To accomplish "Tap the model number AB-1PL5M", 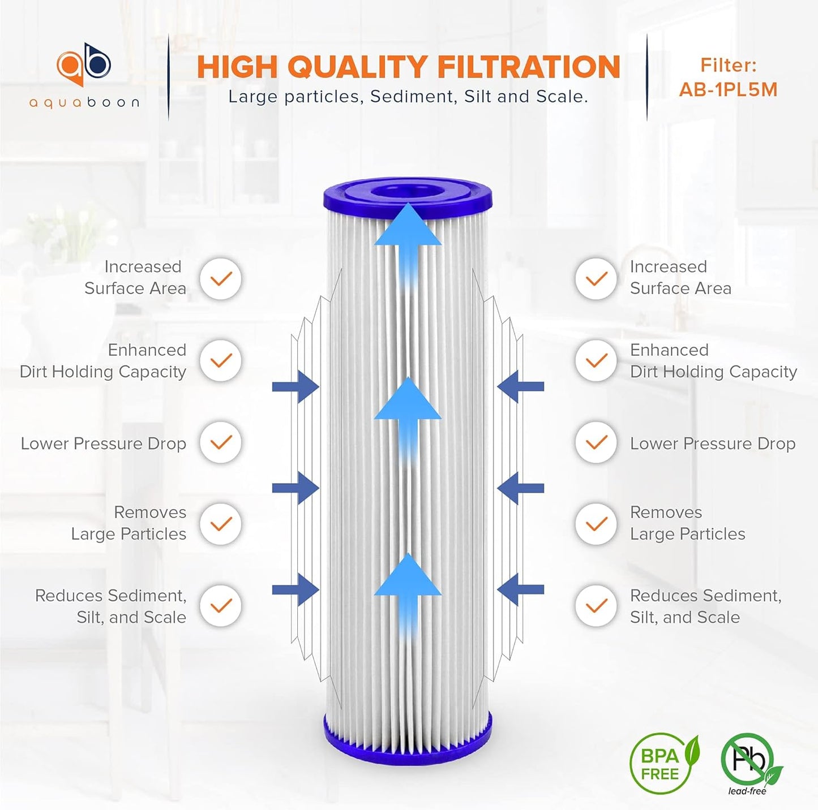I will [728, 90].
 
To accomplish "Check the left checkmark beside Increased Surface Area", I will [221, 278].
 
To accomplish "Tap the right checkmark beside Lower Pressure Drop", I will [596, 442].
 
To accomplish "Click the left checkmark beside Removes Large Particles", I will [221, 524].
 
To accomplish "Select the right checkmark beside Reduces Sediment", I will [596, 606].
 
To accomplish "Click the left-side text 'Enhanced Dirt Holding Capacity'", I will [104, 361].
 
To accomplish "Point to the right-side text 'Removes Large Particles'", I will [687, 523].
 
